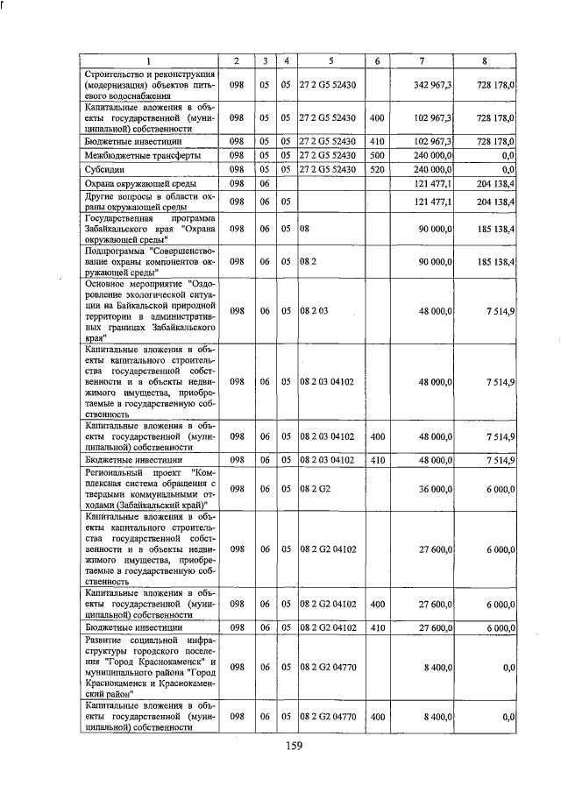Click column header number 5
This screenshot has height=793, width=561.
point(330,60)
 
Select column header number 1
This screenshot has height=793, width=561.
point(147,60)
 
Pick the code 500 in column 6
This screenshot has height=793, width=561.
point(376,155)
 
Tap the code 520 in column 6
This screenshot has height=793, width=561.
point(376,169)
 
